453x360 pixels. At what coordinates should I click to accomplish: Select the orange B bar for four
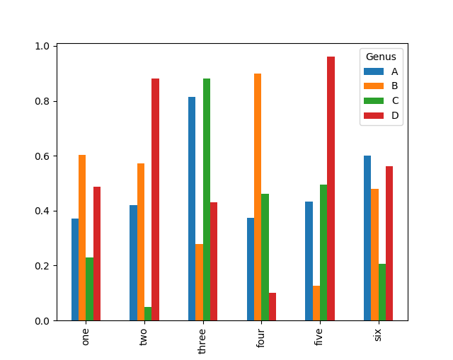coord(258,197)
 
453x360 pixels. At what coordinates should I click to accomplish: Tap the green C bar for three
coord(207,199)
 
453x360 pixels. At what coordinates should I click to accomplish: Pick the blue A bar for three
coord(192,209)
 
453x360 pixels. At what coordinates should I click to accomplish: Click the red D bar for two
coord(155,199)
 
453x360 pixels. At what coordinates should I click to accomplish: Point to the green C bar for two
coord(148,314)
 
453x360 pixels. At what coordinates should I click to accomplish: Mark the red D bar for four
coord(273,307)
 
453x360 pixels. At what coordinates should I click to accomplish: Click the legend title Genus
coord(381,57)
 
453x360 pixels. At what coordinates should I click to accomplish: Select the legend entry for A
coord(394,71)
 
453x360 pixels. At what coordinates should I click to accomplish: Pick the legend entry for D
coord(394,115)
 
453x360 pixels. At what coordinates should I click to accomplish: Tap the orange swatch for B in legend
coord(373,86)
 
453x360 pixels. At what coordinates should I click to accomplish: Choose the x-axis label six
coord(378,334)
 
